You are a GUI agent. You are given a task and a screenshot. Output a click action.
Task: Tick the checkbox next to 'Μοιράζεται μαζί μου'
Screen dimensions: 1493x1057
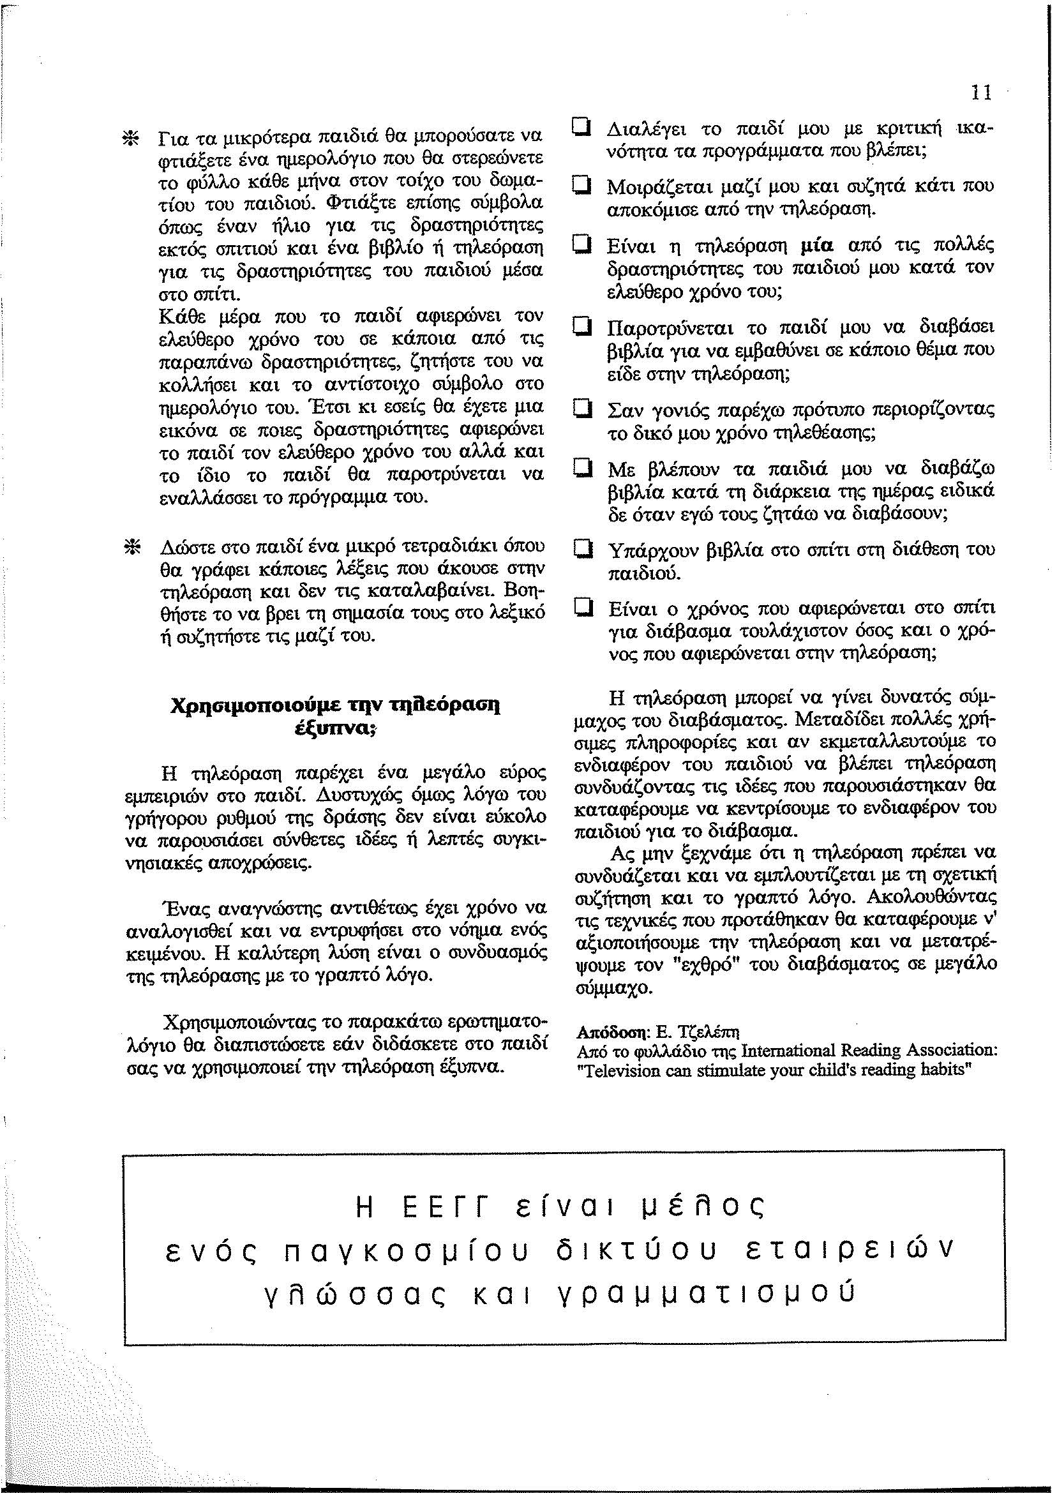point(581,187)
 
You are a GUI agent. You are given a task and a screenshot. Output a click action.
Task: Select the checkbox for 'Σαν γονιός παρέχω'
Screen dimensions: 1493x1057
point(581,409)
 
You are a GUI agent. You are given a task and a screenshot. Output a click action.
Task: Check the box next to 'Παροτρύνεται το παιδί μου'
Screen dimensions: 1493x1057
point(581,326)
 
